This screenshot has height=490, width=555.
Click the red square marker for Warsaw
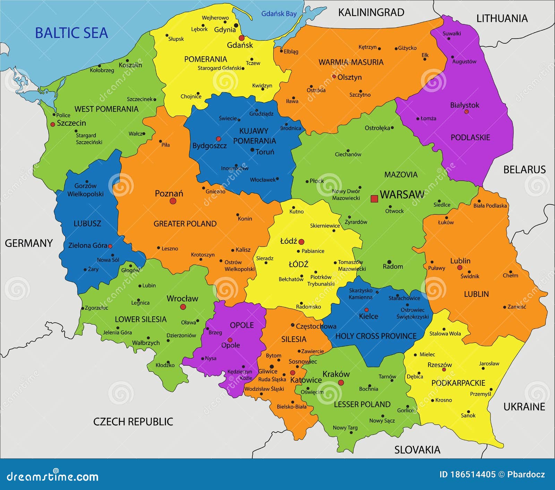374,199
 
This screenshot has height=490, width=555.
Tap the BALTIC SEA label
71,33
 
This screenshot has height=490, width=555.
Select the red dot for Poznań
173,201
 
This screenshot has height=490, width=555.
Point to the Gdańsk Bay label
279,14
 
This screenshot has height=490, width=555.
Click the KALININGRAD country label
371,12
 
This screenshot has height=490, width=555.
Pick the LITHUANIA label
502,18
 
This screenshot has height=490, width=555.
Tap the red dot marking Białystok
466,112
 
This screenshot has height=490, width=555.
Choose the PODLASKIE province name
470,138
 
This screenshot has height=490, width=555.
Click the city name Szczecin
71,123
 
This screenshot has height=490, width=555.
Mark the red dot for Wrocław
183,307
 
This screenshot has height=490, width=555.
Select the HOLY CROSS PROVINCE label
376,336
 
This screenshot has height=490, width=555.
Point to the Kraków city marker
341,382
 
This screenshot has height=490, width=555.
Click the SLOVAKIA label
417,450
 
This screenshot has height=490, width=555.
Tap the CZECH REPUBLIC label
133,422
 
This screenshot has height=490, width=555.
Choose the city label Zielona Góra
87,246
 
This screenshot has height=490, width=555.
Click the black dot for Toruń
252,150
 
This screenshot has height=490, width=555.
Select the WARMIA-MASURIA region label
351,62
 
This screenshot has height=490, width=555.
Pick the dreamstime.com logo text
53,476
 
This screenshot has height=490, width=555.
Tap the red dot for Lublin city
460,268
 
